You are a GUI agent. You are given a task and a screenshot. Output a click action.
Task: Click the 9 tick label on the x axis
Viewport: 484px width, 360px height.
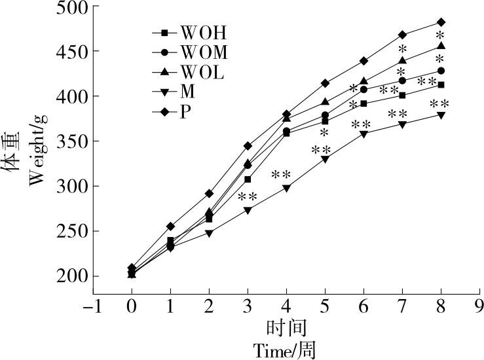point(480,306)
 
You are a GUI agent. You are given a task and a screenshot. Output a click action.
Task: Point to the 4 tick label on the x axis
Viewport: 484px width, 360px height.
point(286,306)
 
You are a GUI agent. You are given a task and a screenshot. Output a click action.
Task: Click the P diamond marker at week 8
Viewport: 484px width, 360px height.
point(441,22)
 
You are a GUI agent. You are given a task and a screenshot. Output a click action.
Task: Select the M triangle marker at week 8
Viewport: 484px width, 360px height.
point(441,115)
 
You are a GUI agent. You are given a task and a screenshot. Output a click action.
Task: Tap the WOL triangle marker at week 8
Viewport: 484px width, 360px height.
point(441,46)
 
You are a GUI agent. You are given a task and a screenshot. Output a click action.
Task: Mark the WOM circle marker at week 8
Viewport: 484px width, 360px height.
point(441,71)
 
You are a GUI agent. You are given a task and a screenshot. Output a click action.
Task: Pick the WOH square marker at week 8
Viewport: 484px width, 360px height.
point(441,84)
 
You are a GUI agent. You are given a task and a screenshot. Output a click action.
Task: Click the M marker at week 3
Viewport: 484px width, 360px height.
point(248,210)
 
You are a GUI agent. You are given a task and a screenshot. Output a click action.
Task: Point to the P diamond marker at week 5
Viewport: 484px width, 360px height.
point(325,83)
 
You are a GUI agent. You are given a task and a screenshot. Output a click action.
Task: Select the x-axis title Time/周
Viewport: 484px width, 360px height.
point(286,351)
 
